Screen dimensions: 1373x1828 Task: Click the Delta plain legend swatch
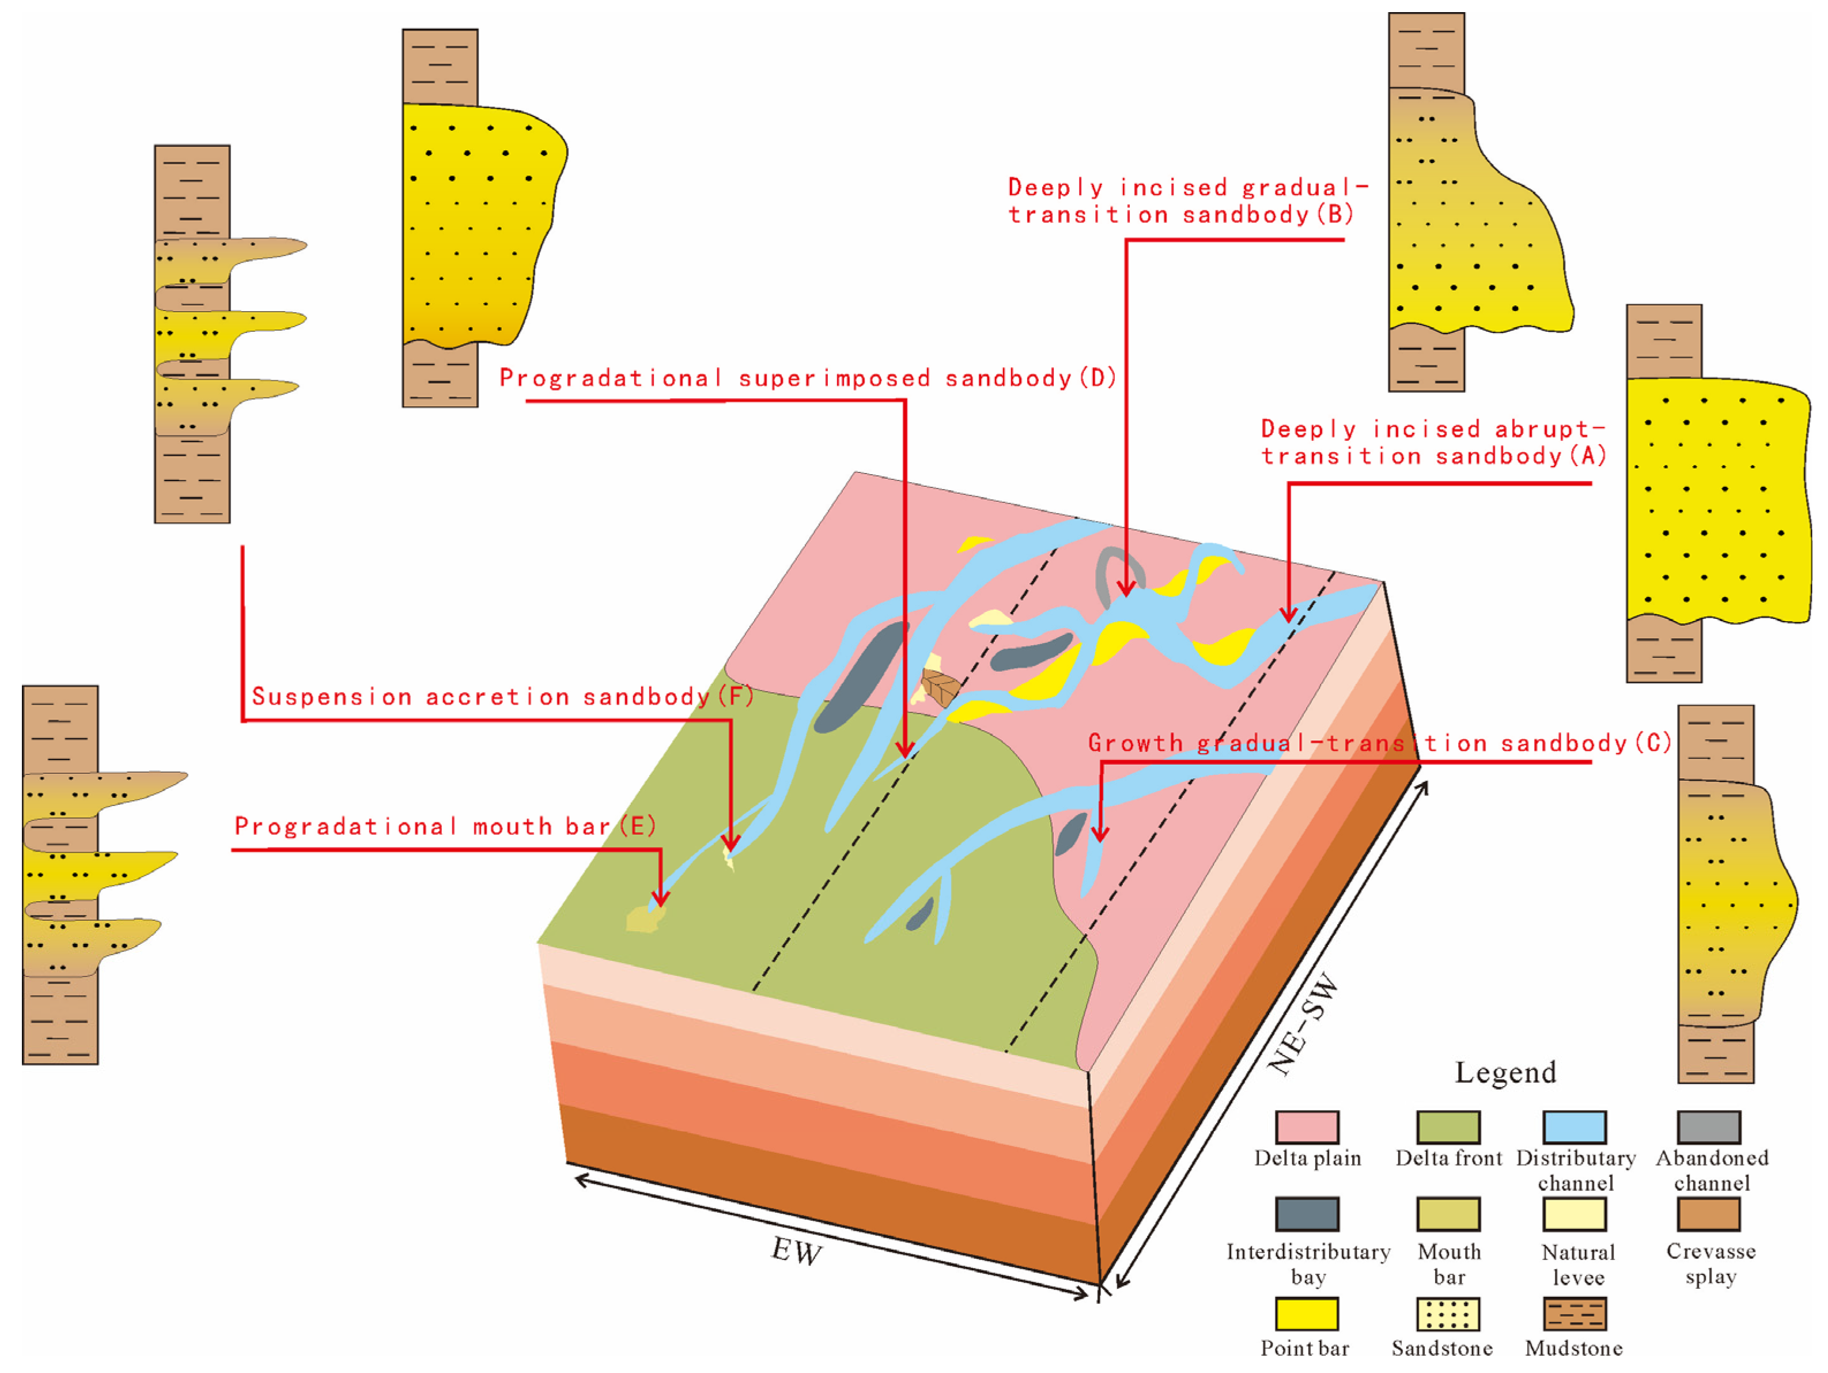1307,1126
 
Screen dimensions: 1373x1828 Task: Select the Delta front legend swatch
1448,1126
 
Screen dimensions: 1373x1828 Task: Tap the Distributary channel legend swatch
1575,1126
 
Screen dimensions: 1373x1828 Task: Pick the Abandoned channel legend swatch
1709,1126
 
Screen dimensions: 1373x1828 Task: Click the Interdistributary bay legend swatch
1307,1213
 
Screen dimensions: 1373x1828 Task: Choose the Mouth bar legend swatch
1448,1213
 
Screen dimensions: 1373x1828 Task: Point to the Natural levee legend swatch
1575,1213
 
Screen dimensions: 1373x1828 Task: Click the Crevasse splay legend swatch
1709,1213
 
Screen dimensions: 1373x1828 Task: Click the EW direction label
796,1251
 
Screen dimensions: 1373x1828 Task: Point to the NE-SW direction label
1303,1025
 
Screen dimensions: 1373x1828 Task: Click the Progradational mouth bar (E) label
445,826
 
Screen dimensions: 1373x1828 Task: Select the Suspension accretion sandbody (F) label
502,696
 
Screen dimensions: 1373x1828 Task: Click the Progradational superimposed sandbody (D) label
807,378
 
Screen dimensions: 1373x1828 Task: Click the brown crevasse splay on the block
940,687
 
